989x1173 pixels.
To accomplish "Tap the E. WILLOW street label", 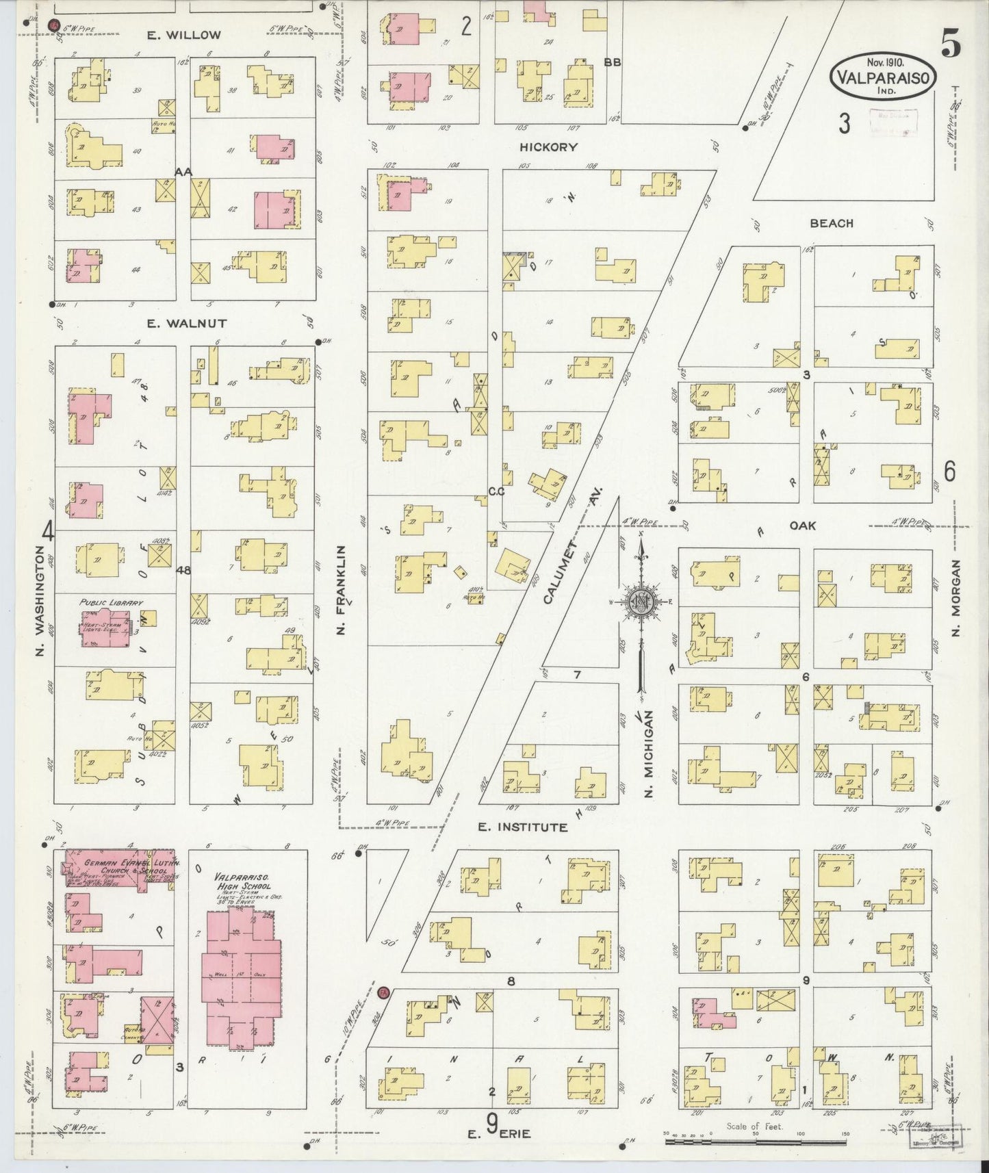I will [184, 36].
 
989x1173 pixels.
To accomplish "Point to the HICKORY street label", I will [548, 147].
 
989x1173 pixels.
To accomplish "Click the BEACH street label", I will [832, 223].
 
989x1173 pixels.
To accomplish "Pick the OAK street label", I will [802, 526].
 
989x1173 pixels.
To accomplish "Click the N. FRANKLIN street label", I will [340, 589].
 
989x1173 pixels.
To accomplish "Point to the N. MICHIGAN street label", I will [649, 753].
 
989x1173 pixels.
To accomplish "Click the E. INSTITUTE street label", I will [522, 827].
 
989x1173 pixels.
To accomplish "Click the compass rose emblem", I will [641, 602].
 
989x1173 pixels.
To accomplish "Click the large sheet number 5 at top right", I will [950, 44].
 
